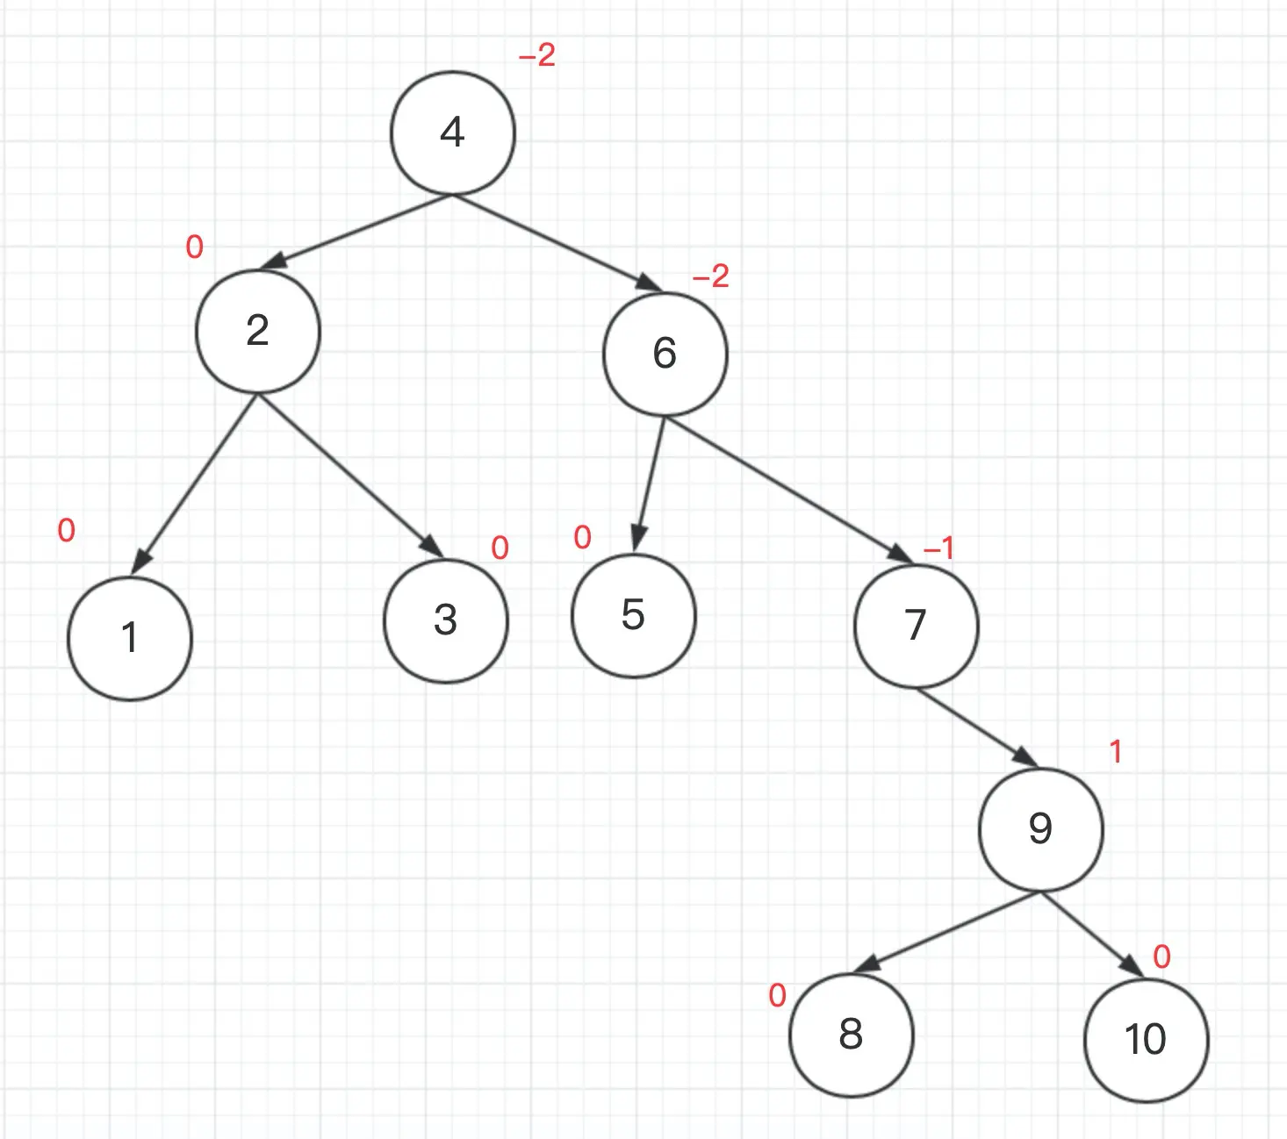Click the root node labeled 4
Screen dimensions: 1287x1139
click(452, 133)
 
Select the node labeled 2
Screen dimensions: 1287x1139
click(257, 331)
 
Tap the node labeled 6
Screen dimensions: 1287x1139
click(665, 353)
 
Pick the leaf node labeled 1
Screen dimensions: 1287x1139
click(130, 638)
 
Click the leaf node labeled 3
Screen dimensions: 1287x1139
click(446, 620)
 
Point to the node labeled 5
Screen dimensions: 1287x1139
click(633, 615)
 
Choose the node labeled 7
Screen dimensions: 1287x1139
click(916, 625)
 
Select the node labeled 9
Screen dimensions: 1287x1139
click(1040, 828)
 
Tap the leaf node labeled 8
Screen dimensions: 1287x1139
click(851, 1035)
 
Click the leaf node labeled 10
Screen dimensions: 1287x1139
click(1146, 1040)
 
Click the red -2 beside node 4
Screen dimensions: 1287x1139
click(537, 56)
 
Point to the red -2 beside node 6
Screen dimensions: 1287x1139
click(711, 277)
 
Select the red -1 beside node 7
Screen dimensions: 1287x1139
click(938, 548)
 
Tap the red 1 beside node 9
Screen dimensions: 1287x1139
click(1116, 752)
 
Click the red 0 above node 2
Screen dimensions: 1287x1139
click(195, 247)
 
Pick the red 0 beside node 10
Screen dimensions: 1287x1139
click(1161, 956)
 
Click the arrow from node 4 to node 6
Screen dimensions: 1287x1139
click(557, 242)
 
